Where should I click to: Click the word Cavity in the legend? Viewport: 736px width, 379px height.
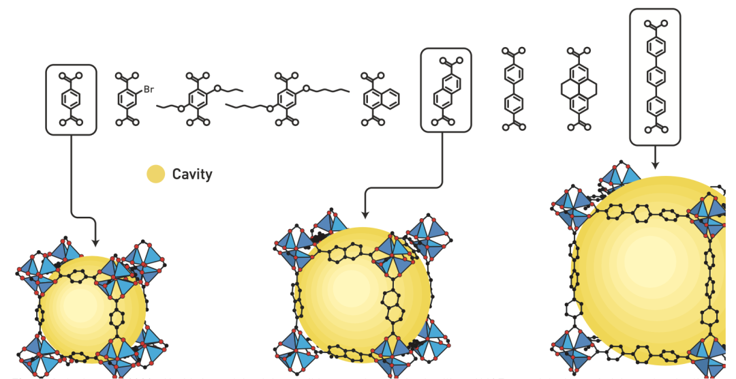[x=191, y=175]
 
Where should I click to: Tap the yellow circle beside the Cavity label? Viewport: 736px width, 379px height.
[x=156, y=175]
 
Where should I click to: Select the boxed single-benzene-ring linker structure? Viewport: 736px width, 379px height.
[x=71, y=100]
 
